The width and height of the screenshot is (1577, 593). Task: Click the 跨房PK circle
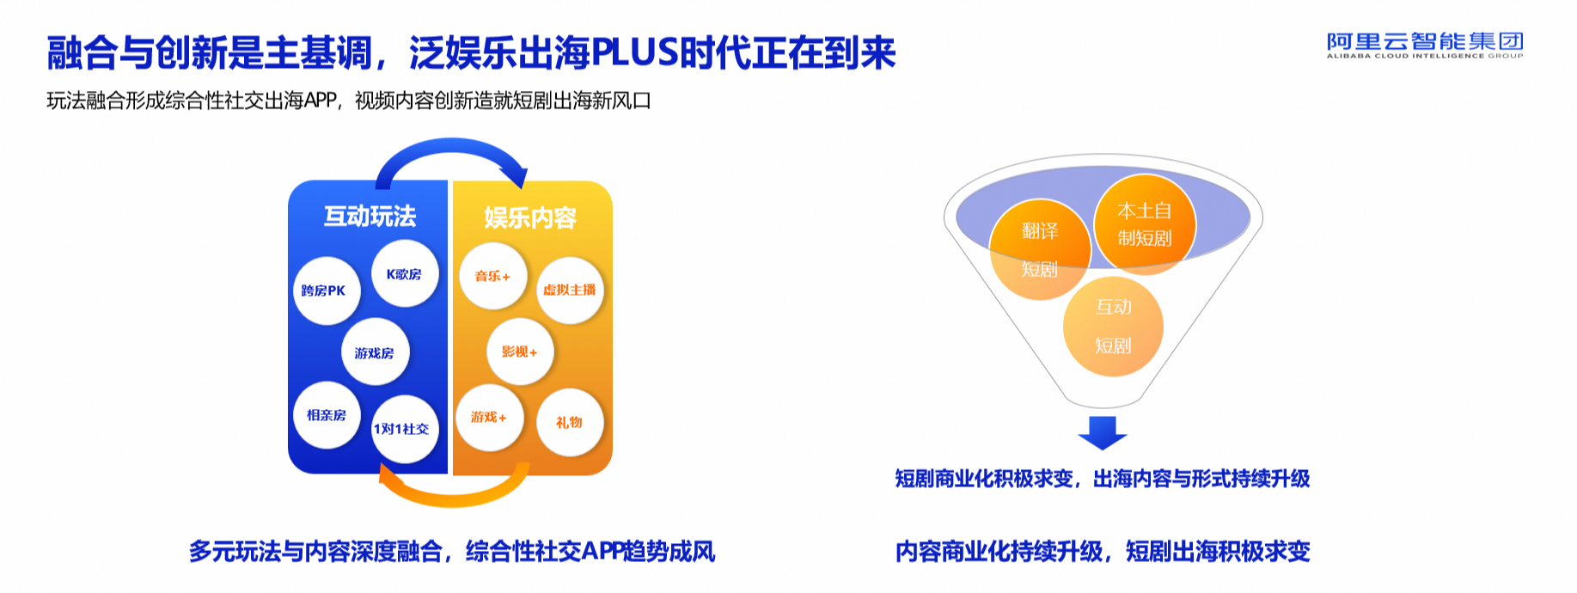[327, 290]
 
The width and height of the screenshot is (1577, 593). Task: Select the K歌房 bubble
[405, 274]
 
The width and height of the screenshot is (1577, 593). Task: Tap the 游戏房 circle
[375, 352]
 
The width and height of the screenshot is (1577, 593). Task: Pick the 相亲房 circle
[327, 415]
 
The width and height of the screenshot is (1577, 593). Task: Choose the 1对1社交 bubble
[405, 429]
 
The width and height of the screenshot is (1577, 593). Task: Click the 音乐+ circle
[493, 276]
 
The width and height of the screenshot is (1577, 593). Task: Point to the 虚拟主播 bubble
[570, 290]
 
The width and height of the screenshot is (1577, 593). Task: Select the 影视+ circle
[520, 352]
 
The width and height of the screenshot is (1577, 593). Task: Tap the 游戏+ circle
[490, 418]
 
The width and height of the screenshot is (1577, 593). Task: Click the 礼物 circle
[570, 422]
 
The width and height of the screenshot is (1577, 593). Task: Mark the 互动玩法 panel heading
[370, 216]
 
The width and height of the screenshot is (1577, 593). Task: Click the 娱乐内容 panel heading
[530, 217]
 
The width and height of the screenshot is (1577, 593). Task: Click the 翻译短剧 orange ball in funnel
[1040, 250]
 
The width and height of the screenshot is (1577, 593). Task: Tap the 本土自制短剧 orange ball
[1145, 224]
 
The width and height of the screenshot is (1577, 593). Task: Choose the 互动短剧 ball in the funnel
[1113, 327]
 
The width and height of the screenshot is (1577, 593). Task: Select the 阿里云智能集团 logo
[1425, 45]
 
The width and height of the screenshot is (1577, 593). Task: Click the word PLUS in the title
[635, 53]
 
